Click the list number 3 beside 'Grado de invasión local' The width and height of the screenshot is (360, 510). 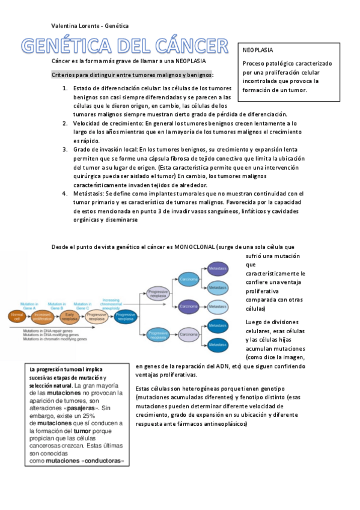click(65, 149)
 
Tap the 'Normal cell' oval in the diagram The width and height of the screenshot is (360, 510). click(17, 315)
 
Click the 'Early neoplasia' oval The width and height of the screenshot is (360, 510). click(70, 315)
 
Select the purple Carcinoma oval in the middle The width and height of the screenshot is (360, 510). click(189, 307)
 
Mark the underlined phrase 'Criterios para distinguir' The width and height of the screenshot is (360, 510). click(84, 75)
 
